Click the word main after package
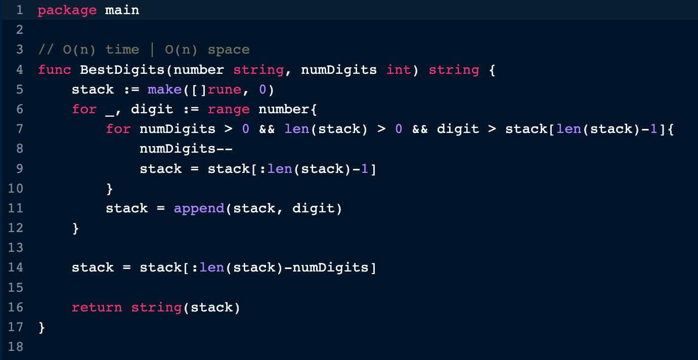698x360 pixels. [122, 10]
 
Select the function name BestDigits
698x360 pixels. [122, 70]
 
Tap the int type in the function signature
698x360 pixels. [399, 69]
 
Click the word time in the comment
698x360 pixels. [122, 50]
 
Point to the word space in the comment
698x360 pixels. [229, 50]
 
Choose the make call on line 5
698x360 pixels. [164, 89]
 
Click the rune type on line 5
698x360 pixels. [225, 89]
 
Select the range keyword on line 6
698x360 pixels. [229, 110]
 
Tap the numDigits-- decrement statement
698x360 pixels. [186, 149]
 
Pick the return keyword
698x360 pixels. [97, 308]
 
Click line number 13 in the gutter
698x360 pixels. [16, 248]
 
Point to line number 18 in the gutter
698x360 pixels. [16, 347]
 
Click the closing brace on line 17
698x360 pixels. [42, 328]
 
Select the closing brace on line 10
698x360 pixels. [109, 189]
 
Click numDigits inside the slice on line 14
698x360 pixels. [330, 268]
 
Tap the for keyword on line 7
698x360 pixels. [118, 129]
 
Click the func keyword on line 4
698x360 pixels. [55, 69]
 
